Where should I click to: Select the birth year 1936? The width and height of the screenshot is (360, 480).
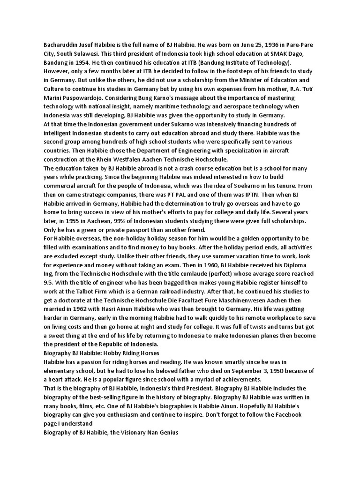pyautogui.click(x=256, y=45)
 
